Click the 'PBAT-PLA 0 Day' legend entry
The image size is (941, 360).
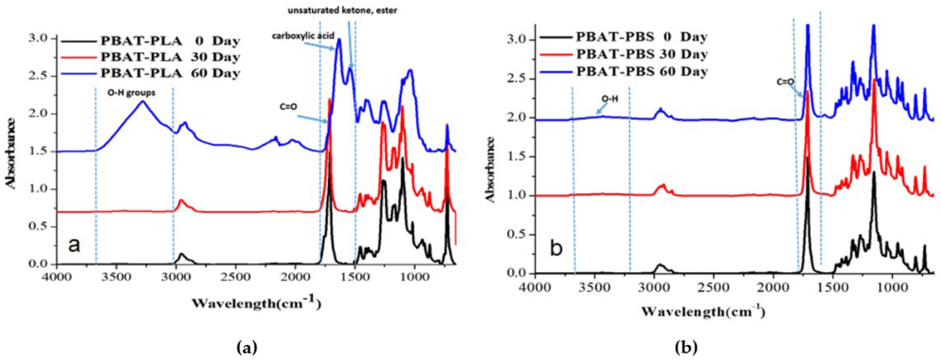(x=170, y=41)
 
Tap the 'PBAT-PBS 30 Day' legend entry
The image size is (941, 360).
(x=642, y=54)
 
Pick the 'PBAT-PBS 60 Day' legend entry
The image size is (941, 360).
(x=642, y=71)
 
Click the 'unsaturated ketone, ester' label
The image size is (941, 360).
(x=342, y=11)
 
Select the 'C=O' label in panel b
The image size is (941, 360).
(x=785, y=82)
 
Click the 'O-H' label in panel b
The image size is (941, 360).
(x=610, y=99)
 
